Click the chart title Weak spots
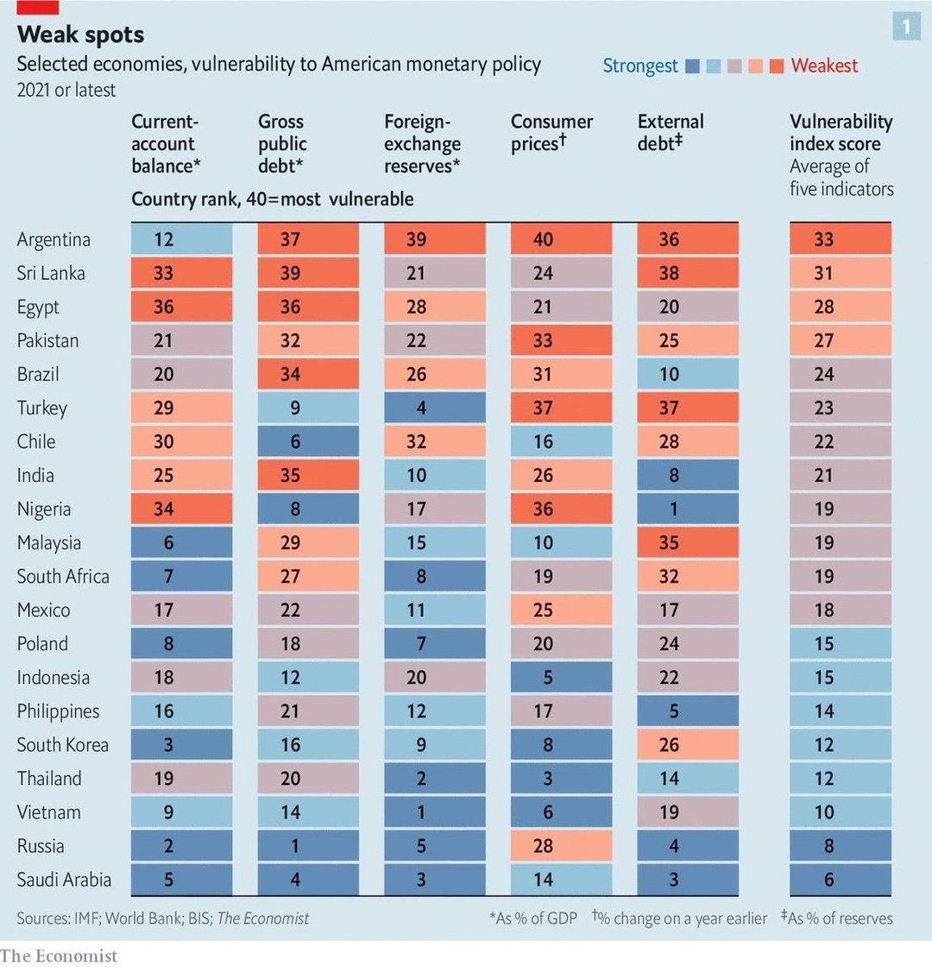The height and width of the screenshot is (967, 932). click(80, 35)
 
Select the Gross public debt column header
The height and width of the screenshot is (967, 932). click(283, 143)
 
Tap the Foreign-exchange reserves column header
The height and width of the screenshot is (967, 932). click(422, 143)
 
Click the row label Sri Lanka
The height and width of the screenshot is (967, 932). click(50, 274)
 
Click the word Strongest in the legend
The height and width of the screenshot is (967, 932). click(639, 66)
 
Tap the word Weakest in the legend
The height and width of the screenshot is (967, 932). click(824, 66)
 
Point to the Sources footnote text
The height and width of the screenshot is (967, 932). click(162, 918)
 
